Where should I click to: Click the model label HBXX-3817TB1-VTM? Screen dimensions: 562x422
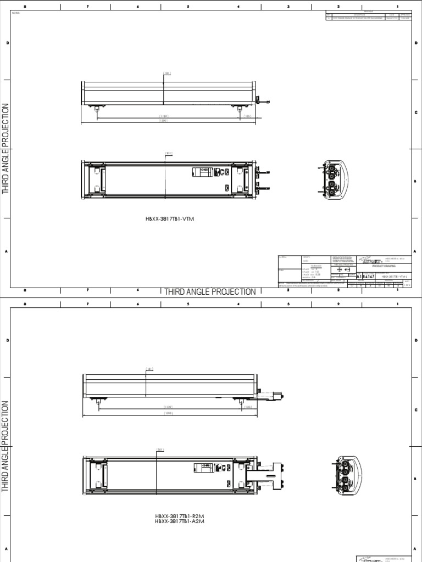[x=170, y=219]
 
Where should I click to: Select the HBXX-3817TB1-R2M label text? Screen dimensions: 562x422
[x=176, y=516]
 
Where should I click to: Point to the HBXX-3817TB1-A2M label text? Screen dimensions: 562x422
[x=176, y=521]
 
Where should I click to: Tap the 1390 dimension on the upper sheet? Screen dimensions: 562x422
[x=163, y=121]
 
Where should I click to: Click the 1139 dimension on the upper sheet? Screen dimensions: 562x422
[x=164, y=116]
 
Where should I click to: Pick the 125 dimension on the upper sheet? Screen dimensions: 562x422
[x=247, y=116]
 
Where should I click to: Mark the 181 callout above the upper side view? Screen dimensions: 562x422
[x=168, y=72]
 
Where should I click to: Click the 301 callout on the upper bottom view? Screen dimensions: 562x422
[x=169, y=153]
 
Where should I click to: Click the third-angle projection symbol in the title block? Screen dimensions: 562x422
[x=343, y=270]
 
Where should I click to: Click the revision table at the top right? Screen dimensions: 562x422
[x=368, y=16]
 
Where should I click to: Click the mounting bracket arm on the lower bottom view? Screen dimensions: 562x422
[x=266, y=469]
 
